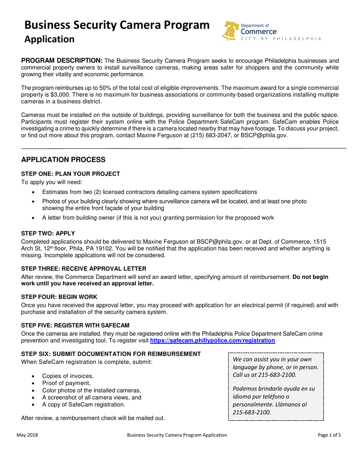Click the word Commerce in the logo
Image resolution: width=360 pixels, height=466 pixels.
pos(258,32)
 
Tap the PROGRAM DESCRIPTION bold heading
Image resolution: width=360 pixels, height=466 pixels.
pos(61,61)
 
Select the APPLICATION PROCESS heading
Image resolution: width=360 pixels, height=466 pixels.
pos(63,160)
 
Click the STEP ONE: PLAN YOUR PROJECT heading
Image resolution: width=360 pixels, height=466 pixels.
pos(70,174)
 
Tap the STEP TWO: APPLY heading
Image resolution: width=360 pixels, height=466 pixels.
pos(48,234)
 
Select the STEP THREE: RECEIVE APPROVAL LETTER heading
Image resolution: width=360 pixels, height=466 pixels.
pos(83,269)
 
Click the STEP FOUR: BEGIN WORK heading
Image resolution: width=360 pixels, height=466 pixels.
pos(59,297)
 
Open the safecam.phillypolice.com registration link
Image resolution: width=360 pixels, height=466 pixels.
pos(213,341)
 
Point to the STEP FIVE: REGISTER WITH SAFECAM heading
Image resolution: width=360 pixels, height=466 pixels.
pos(75,325)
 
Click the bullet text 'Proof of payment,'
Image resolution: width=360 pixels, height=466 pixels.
pos(66,383)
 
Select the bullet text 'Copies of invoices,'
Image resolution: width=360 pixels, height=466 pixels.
pos(67,376)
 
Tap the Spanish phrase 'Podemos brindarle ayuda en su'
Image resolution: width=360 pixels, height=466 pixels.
pos(274,389)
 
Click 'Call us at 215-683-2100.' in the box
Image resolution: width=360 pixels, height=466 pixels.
pos(265,375)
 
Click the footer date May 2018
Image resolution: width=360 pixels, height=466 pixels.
pos(27,435)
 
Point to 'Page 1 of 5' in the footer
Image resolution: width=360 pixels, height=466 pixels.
pos(329,435)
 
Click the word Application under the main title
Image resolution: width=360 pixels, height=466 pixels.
pos(49,39)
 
